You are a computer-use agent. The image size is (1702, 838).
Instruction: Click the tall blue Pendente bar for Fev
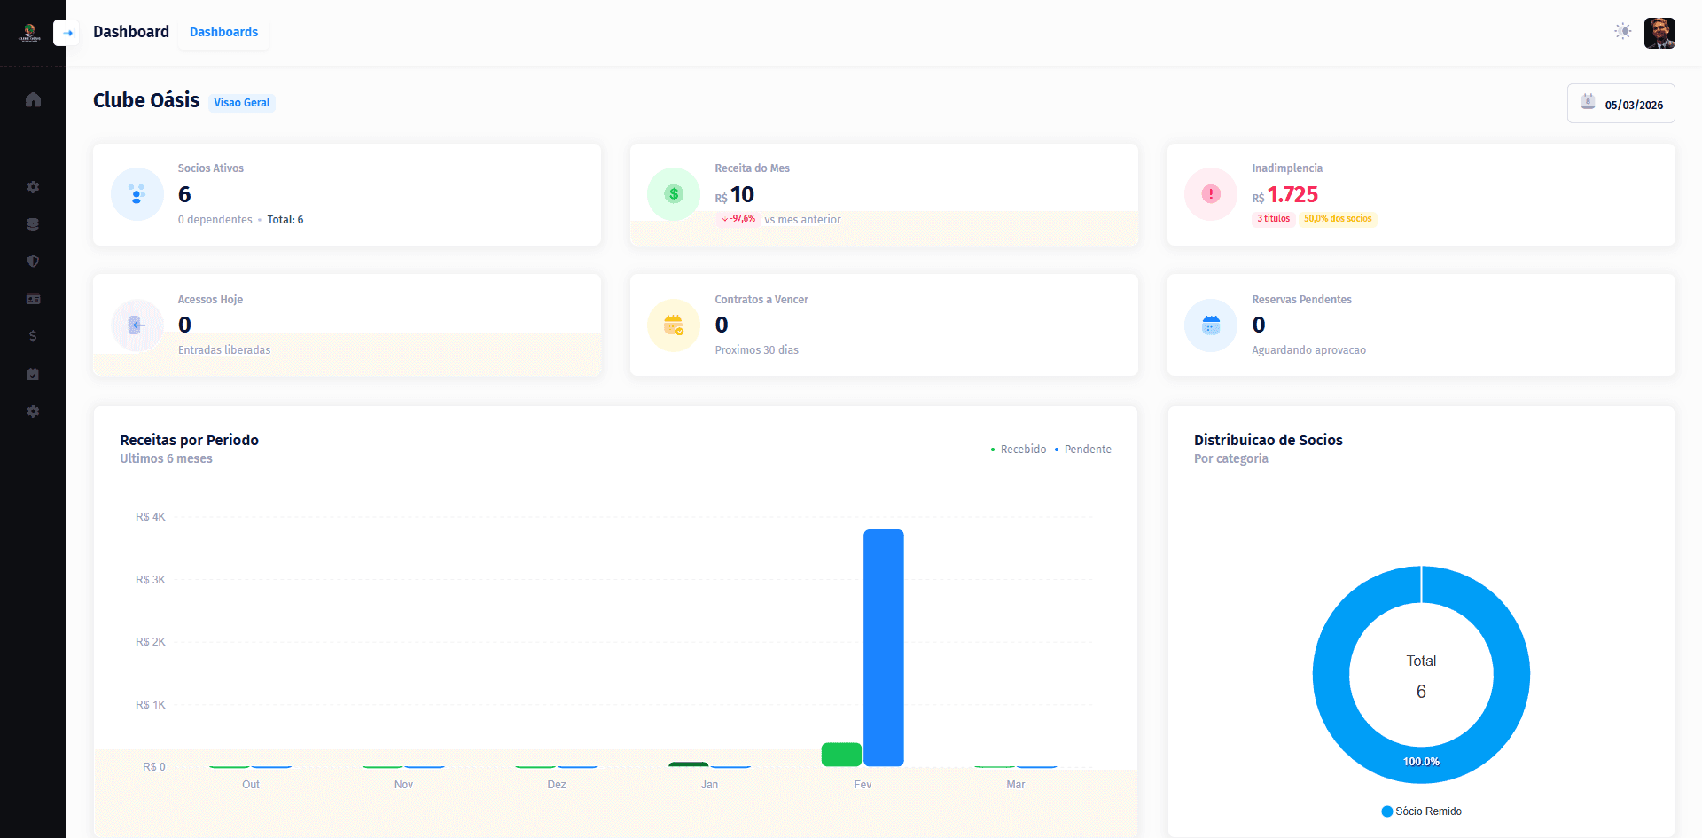[883, 647]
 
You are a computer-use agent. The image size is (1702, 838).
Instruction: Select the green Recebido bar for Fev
[841, 755]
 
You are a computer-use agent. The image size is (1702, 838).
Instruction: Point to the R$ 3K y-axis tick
[151, 580]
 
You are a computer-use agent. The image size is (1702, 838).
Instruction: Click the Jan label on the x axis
[709, 785]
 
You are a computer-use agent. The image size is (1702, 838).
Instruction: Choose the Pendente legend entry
[1083, 450]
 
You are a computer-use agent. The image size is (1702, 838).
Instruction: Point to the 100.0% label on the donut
[1421, 762]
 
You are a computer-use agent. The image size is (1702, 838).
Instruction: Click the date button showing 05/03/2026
[1620, 104]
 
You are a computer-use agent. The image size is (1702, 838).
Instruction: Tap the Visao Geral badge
[242, 103]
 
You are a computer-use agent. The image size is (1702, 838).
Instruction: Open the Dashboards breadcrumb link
[223, 32]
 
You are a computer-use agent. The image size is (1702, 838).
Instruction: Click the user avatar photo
[1659, 33]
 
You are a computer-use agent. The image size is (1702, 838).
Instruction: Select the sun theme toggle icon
[1623, 32]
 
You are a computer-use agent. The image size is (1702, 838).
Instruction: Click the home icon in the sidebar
[33, 99]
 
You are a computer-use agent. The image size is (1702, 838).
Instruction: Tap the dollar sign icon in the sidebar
[33, 336]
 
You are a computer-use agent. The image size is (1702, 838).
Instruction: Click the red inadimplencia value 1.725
[1292, 194]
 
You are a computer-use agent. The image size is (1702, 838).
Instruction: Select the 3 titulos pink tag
[1273, 219]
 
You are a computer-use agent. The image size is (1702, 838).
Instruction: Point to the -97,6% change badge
[738, 219]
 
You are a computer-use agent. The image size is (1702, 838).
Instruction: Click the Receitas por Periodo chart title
[190, 440]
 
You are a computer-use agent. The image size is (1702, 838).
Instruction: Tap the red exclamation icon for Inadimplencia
[1211, 194]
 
